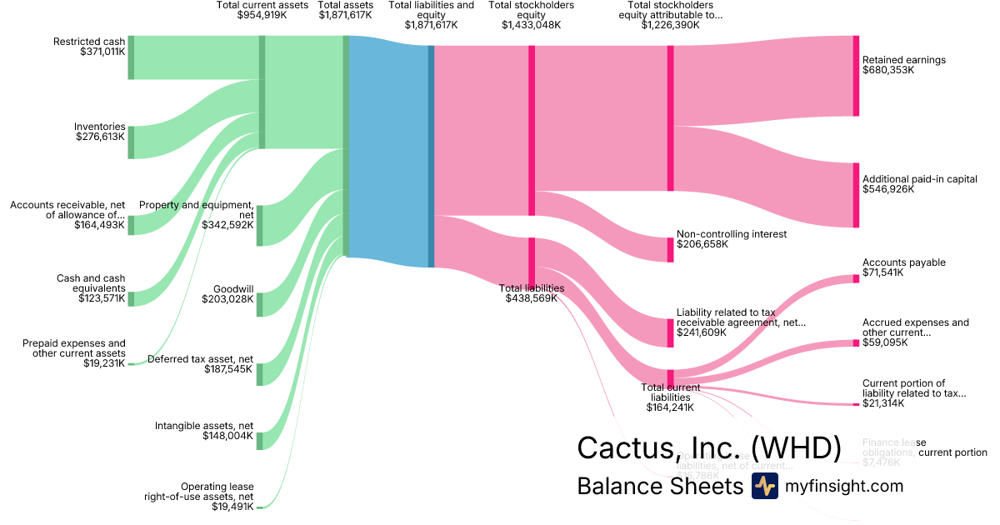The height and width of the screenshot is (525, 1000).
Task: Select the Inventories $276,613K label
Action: [x=100, y=132]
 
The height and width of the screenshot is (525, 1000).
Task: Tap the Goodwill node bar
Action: [x=259, y=302]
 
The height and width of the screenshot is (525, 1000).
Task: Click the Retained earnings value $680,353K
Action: [x=888, y=71]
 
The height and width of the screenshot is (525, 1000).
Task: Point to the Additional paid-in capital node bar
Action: [x=855, y=195]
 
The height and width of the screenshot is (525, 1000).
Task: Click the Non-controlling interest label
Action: [x=732, y=234]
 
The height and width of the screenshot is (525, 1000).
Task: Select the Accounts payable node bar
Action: [x=855, y=278]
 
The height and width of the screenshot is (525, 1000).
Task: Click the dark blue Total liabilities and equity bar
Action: [x=431, y=156]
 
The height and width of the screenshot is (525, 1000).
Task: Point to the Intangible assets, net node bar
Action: [x=259, y=440]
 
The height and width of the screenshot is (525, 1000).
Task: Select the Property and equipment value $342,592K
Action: [x=227, y=224]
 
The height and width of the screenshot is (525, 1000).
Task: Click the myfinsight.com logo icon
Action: [x=764, y=486]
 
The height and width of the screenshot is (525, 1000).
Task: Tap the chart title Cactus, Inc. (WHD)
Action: [x=709, y=447]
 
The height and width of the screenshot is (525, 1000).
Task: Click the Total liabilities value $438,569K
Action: [x=532, y=298]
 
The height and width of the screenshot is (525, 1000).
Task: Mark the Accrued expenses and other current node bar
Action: [x=855, y=342]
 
